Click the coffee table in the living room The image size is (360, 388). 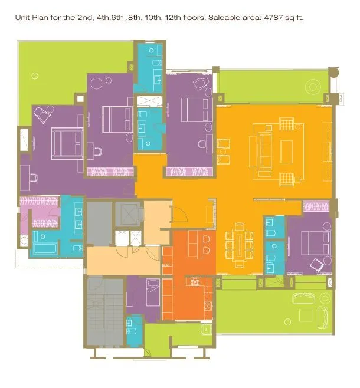[x=287, y=151]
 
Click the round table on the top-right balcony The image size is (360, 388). [x=313, y=87]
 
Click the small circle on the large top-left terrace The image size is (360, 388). [x=34, y=75]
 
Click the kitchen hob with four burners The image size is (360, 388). [x=192, y=282]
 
